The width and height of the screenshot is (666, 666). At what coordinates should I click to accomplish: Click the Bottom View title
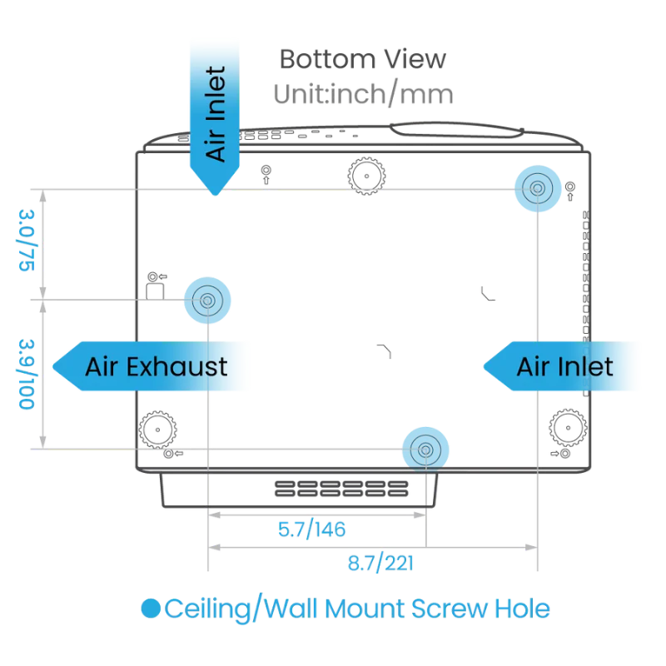click(362, 61)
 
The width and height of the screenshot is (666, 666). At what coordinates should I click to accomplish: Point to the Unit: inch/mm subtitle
click(362, 96)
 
